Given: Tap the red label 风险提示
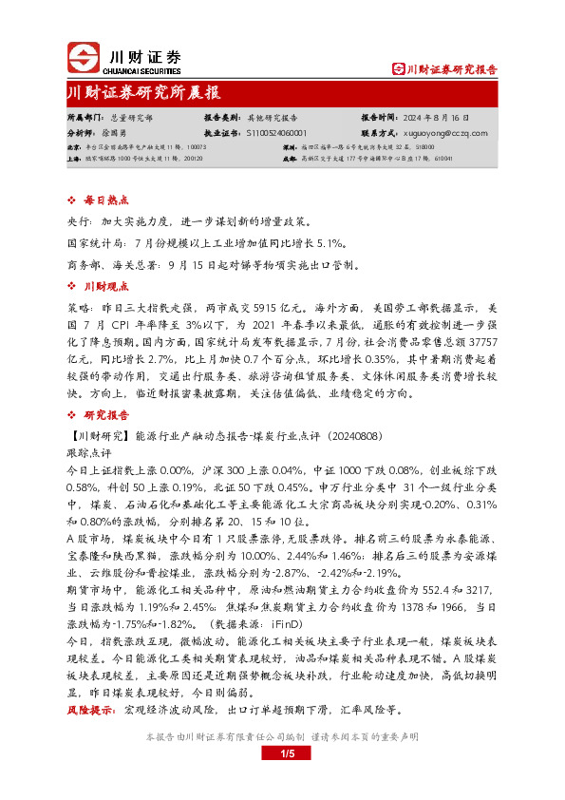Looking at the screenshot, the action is (x=91, y=709).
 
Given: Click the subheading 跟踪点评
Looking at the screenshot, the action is (x=89, y=453).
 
